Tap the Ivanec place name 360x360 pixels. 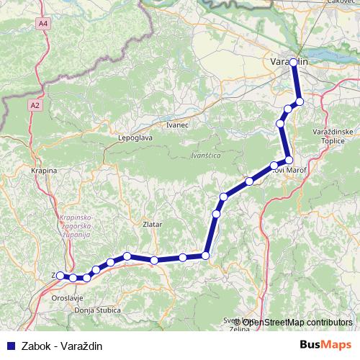click(x=176, y=125)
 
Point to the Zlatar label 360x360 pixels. click(x=153, y=225)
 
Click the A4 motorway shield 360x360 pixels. click(x=45, y=24)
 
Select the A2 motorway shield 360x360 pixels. click(x=35, y=105)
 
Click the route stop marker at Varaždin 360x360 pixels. click(x=294, y=63)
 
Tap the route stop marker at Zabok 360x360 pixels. click(x=59, y=275)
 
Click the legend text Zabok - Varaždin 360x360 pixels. click(x=62, y=346)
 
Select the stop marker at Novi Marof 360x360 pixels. click(x=289, y=160)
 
